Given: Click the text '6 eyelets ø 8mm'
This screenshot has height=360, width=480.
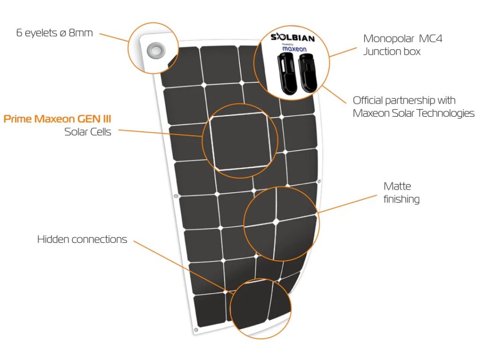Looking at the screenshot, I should pyautogui.click(x=54, y=33).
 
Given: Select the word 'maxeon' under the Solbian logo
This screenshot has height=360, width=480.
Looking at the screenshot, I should pyautogui.click(x=294, y=48).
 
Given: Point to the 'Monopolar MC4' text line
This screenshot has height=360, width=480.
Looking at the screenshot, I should pyautogui.click(x=403, y=38).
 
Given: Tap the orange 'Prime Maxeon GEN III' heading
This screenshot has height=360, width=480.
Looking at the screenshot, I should pyautogui.click(x=57, y=119).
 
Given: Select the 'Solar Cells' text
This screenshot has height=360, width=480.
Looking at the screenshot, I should pyautogui.click(x=88, y=132).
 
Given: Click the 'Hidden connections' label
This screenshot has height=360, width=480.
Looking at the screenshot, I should pyautogui.click(x=82, y=240).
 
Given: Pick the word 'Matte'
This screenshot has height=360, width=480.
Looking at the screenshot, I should pyautogui.click(x=397, y=186).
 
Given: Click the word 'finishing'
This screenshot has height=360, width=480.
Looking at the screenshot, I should pyautogui.click(x=401, y=199).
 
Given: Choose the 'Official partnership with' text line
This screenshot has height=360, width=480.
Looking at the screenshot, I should pyautogui.click(x=404, y=100).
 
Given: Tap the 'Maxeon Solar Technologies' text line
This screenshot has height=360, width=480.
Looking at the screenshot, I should pyautogui.click(x=413, y=113).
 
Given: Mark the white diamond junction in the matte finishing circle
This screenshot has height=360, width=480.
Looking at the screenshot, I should pyautogui.click(x=277, y=219).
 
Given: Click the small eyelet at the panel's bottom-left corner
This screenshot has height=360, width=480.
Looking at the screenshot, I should pyautogui.click(x=196, y=330).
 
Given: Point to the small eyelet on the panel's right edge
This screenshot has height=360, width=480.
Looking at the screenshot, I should pyautogui.click(x=319, y=180).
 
